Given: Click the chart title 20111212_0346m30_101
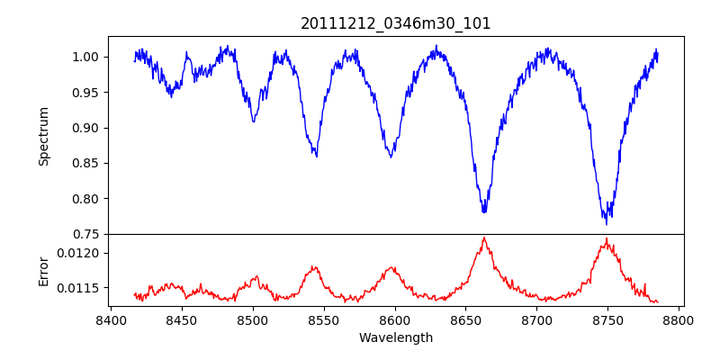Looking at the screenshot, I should coord(396,23).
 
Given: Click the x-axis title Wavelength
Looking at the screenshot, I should coord(396,338).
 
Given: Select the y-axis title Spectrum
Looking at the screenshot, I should coord(43,136).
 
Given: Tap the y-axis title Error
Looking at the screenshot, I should coord(43,270).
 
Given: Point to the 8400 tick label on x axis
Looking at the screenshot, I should coord(111,319).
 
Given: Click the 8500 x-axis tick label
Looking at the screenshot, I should coord(253,319).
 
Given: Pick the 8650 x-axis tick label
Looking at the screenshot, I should coord(466,319).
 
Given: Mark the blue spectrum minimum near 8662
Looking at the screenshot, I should coord(484,212).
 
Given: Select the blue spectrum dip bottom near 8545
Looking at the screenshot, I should coord(316,156).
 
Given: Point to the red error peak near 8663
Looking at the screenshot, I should coord(484,238).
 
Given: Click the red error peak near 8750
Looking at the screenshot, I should coord(607,238).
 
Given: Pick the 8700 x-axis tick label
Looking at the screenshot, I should coord(537,319).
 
